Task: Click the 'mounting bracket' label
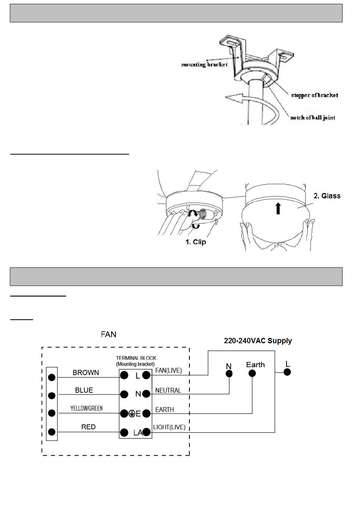204,64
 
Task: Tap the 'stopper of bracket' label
314,95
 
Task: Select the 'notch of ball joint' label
313,118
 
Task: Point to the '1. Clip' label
196,242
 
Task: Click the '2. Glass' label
327,196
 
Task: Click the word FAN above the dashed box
109,334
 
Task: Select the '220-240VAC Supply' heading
258,341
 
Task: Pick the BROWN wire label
86,373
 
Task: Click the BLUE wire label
84,390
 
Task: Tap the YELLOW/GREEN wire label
86,408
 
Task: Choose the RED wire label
88,427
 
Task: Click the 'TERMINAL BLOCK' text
136,358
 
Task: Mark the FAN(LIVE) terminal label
168,371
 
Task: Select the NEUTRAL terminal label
168,390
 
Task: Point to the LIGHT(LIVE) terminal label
169,427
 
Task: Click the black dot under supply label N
229,374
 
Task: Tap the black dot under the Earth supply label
252,373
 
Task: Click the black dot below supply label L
287,372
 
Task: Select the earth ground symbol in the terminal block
131,414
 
